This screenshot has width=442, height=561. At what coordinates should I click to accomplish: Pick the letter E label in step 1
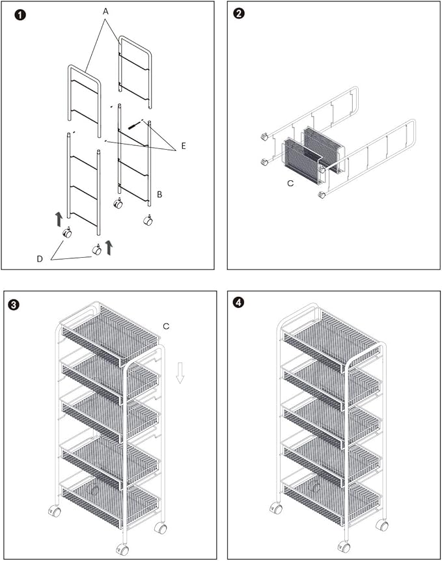tap(184, 146)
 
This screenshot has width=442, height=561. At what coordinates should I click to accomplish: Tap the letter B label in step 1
tap(160, 194)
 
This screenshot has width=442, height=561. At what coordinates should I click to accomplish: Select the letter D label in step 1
tap(40, 259)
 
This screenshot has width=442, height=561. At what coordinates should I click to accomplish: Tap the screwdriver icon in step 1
tap(135, 124)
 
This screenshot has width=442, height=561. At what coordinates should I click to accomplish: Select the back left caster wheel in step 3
tap(55, 512)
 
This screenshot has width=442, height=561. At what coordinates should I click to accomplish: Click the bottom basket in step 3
tap(109, 500)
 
